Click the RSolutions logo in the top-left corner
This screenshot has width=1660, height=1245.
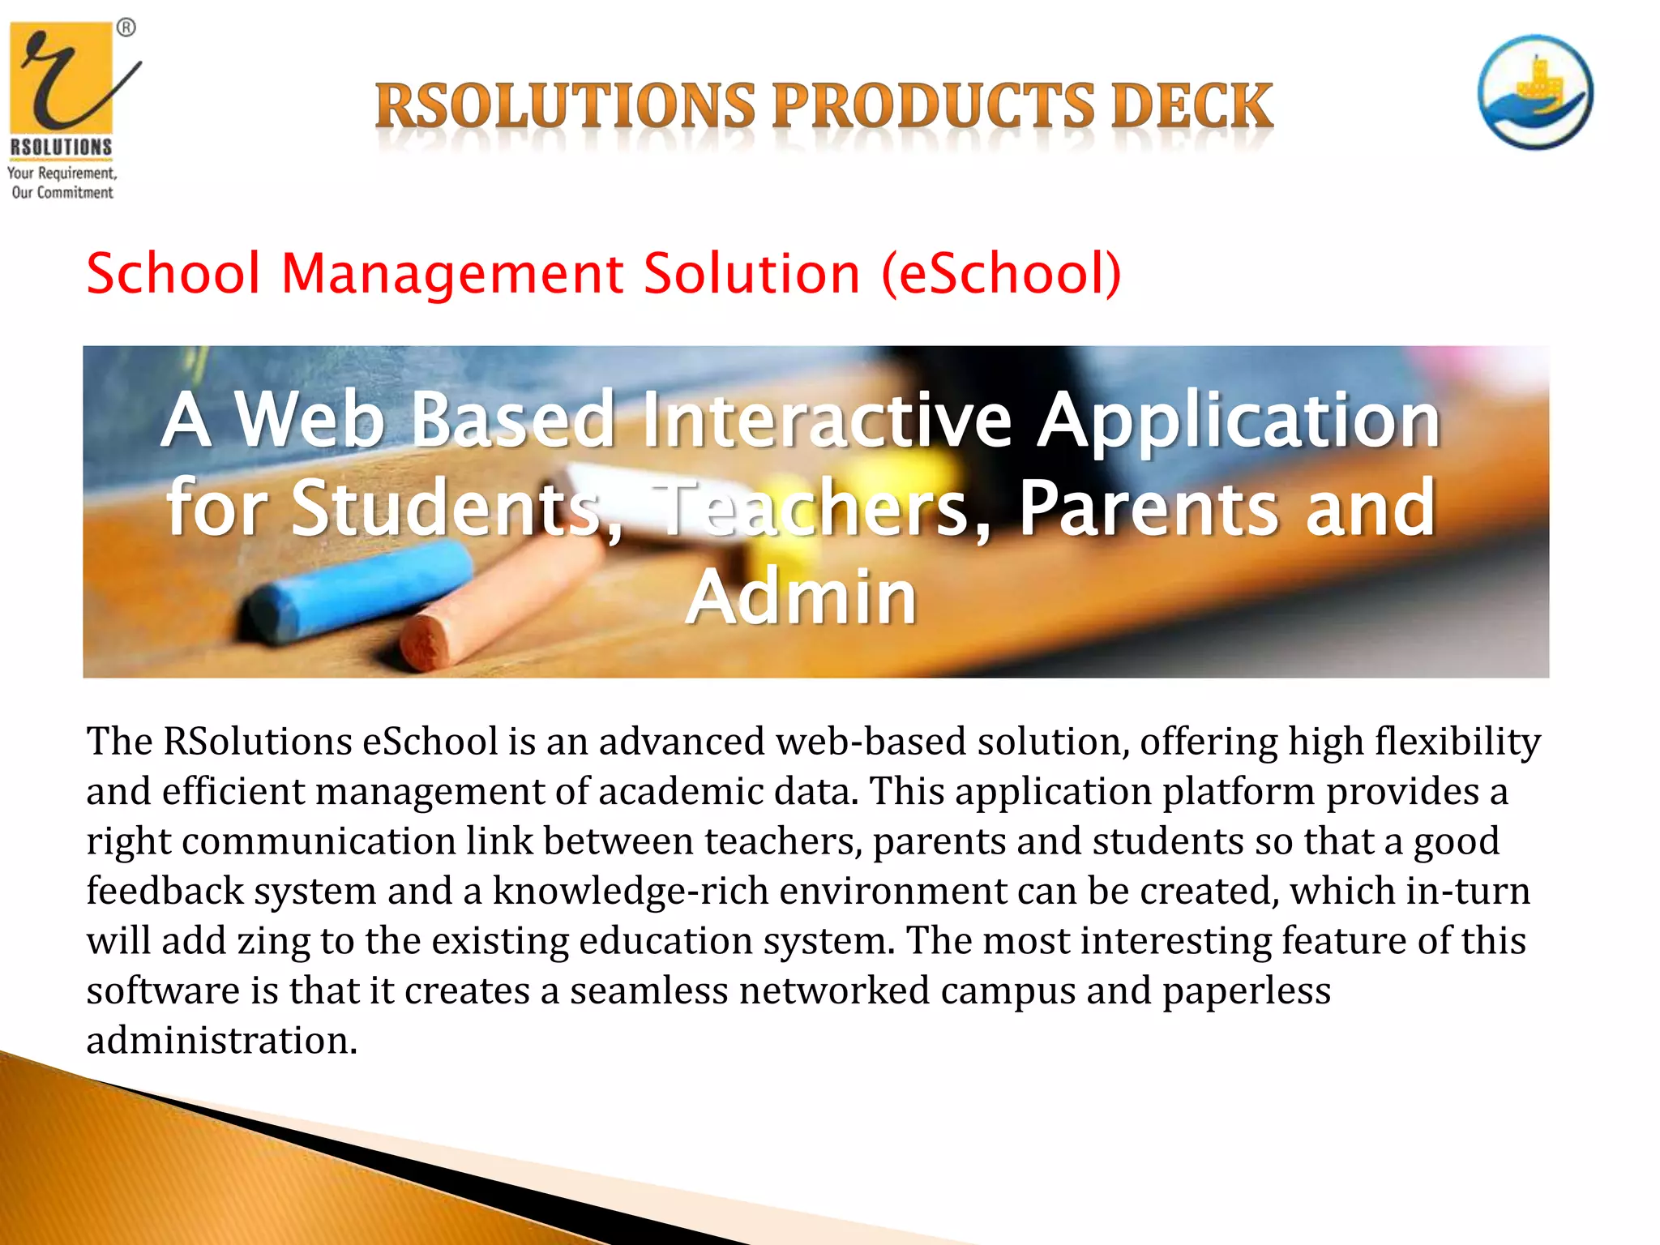tap(63, 89)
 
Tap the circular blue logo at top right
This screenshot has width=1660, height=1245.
tap(1534, 92)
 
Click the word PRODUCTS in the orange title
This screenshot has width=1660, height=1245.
tap(932, 105)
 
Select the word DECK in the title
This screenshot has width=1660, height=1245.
tap(1192, 105)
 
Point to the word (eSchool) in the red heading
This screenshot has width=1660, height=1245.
tap(1001, 274)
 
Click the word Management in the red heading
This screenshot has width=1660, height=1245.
tap(451, 273)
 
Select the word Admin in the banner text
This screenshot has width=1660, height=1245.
tap(801, 598)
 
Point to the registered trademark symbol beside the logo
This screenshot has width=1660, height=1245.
tap(126, 28)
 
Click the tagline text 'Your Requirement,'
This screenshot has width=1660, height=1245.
tap(62, 173)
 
